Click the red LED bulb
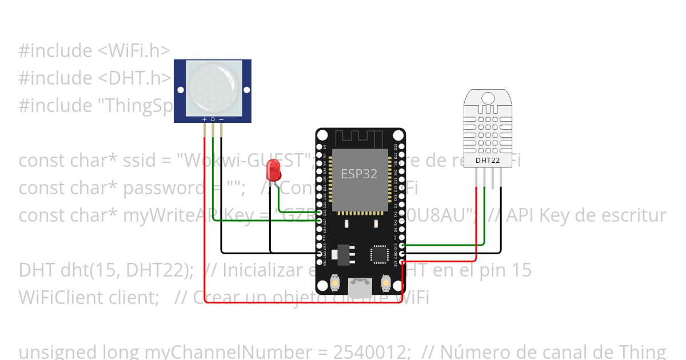(x=274, y=169)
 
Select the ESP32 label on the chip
(x=359, y=174)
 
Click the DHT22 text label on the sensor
(x=488, y=161)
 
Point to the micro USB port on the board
(x=360, y=287)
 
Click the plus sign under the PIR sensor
(x=205, y=119)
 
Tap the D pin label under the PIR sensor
(x=213, y=119)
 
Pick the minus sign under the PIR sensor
(x=221, y=119)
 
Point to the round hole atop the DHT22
(x=488, y=97)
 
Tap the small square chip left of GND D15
(x=380, y=254)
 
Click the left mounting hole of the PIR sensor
(x=181, y=90)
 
